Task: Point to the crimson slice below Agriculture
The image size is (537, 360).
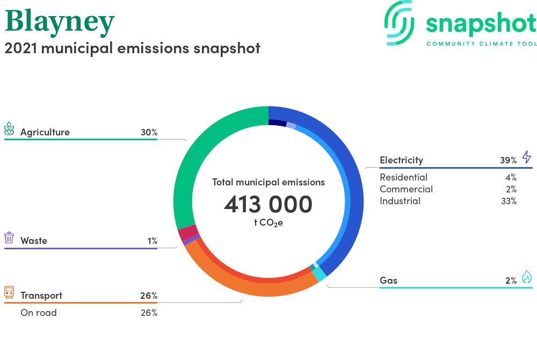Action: pyautogui.click(x=187, y=233)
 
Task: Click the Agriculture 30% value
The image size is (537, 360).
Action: pyautogui.click(x=149, y=132)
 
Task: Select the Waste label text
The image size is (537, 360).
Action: pyautogui.click(x=33, y=241)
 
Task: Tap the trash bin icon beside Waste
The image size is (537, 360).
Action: pyautogui.click(x=9, y=237)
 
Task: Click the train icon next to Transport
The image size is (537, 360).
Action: pyautogui.click(x=9, y=292)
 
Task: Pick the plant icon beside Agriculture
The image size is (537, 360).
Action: pyautogui.click(x=9, y=129)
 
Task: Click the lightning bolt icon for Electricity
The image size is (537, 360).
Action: pyautogui.click(x=527, y=157)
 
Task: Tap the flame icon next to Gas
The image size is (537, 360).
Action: pyautogui.click(x=527, y=277)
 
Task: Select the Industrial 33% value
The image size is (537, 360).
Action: pyautogui.click(x=509, y=201)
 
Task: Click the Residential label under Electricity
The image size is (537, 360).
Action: pyautogui.click(x=403, y=177)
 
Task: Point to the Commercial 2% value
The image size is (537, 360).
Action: pyautogui.click(x=511, y=189)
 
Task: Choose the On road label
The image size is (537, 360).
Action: pyautogui.click(x=38, y=313)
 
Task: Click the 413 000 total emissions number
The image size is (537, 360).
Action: pyautogui.click(x=268, y=204)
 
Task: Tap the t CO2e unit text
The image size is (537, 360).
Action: pyautogui.click(x=268, y=222)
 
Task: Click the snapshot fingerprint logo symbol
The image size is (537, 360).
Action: pyautogui.click(x=399, y=23)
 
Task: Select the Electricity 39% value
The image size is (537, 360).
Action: pyautogui.click(x=508, y=160)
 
